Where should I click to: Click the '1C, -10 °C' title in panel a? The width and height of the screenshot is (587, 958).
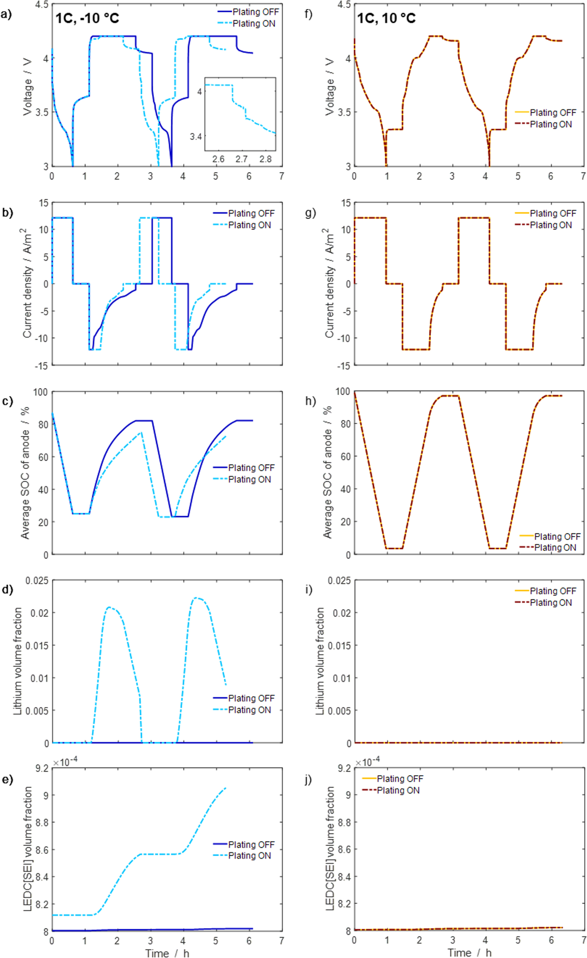pos(87,18)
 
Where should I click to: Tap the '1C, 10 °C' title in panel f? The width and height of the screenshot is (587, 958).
pos(386,18)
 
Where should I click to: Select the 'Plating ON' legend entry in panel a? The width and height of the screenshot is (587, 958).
pos(253,24)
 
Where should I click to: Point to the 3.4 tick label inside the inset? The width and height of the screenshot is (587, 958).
pos(196,137)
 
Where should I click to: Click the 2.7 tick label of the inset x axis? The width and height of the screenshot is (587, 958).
pos(242,159)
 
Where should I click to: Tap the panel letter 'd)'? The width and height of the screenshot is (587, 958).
pos(7,589)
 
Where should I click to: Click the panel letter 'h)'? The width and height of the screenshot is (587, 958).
pos(310,401)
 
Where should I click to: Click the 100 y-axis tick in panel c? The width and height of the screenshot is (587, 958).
pos(40,391)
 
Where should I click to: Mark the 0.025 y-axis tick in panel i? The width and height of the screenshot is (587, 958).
pos(339,581)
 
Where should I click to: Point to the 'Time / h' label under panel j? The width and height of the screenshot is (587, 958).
pos(469,952)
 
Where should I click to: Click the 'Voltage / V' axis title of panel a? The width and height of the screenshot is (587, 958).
pos(27,87)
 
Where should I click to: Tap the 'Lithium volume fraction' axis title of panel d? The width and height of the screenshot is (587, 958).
pos(17,661)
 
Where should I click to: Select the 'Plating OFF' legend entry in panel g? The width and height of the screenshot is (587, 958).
pos(552,213)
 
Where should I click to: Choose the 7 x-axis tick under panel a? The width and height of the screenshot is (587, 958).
pos(282,176)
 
